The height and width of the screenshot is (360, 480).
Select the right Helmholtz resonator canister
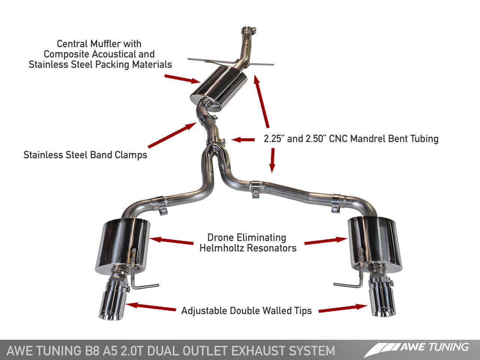[x=375, y=242]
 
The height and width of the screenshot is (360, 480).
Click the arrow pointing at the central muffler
[x=182, y=79]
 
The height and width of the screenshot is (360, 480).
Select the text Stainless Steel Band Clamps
[x=85, y=155]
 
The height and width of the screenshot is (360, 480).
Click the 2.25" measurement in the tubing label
[x=274, y=139]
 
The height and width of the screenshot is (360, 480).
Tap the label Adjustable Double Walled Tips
[x=246, y=311]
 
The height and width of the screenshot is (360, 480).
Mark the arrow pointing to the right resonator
[x=325, y=241]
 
